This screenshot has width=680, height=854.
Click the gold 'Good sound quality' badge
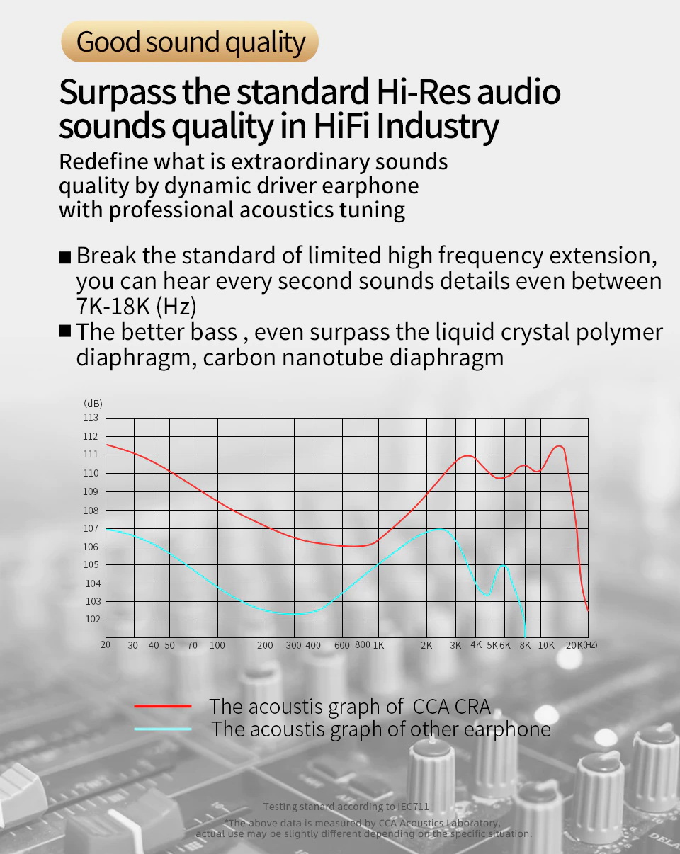(x=190, y=42)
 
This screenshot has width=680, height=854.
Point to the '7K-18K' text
(x=112, y=307)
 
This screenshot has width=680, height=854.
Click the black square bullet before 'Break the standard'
(x=65, y=257)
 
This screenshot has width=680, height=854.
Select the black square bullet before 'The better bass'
(x=65, y=331)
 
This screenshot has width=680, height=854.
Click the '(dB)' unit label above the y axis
(x=93, y=404)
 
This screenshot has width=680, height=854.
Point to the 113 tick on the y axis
(x=91, y=418)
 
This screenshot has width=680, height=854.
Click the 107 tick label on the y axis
(x=91, y=528)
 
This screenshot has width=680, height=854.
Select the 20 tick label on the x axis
(x=106, y=645)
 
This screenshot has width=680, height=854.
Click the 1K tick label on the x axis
(x=378, y=645)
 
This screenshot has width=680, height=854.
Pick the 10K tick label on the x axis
(x=546, y=645)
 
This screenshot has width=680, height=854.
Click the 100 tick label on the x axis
(x=217, y=645)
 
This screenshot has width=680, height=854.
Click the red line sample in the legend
(x=163, y=706)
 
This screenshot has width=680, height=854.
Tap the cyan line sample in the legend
(x=163, y=729)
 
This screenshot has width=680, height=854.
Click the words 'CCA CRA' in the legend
(x=451, y=706)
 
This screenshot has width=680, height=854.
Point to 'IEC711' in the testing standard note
(x=412, y=807)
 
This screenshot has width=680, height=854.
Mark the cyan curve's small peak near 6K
(x=503, y=564)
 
